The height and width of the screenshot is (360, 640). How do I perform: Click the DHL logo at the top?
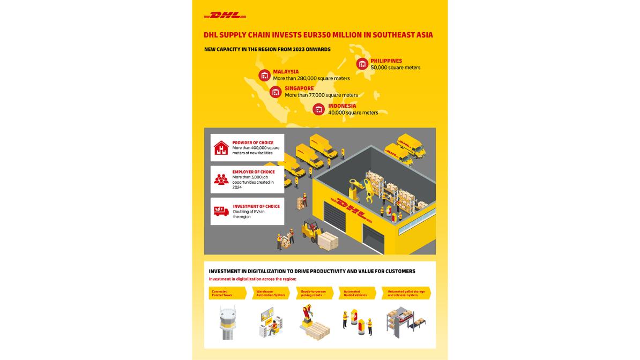click(225, 16)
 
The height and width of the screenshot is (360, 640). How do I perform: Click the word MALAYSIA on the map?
click(286, 72)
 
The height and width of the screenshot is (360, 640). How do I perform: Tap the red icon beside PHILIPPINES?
click(362, 64)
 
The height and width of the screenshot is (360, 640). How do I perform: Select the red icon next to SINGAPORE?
click(276, 92)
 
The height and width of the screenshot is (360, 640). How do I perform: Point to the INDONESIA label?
click(342, 106)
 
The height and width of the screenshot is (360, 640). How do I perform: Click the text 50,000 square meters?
click(396, 68)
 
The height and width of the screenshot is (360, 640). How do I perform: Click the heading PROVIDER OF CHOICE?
click(254, 143)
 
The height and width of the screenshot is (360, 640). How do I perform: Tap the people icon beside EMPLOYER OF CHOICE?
click(221, 179)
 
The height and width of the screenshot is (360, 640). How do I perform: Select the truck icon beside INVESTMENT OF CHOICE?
click(221, 211)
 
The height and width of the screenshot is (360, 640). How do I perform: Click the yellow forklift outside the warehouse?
click(310, 230)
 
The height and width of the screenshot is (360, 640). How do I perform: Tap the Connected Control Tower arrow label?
click(227, 294)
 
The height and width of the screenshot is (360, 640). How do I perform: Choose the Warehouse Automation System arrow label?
click(271, 294)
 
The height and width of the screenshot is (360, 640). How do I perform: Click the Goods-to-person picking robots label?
click(314, 294)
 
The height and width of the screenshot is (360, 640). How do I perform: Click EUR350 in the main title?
click(304, 35)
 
